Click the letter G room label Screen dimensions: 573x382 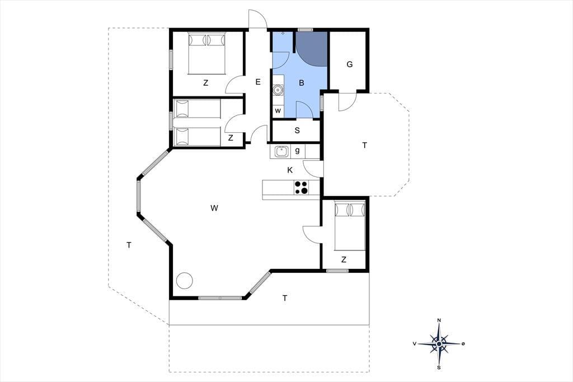[x=350, y=64]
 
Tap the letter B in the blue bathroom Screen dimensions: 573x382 [x=302, y=83]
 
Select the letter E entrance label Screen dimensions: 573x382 [x=257, y=82]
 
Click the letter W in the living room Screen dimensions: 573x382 [x=214, y=208]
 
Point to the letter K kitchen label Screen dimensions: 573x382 [x=290, y=170]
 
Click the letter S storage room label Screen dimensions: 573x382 [x=297, y=131]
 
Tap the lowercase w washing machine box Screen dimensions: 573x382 [x=278, y=111]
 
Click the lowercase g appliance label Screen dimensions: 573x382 [x=298, y=150]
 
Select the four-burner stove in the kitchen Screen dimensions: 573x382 [x=302, y=187]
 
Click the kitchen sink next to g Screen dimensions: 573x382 [x=281, y=151]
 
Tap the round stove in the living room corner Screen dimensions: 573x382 [x=185, y=281]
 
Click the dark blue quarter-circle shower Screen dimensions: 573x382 [x=311, y=49]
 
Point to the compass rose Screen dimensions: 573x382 [x=439, y=343]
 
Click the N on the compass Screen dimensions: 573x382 [x=439, y=320]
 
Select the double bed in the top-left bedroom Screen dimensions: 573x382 [x=206, y=53]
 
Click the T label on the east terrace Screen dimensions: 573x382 [x=364, y=146]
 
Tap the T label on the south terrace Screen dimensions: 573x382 [x=285, y=298]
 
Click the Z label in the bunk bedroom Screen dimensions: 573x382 [x=231, y=138]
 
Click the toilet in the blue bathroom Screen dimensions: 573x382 [x=278, y=89]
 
